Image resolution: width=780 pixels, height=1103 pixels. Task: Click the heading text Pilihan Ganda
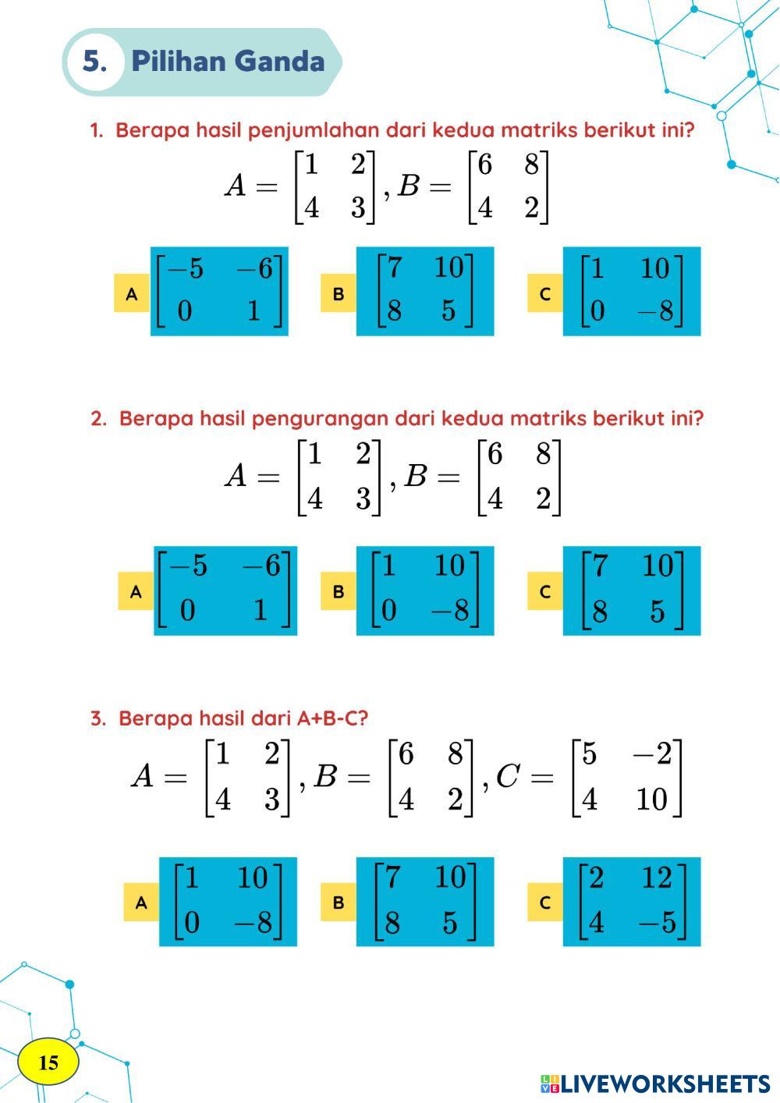click(x=228, y=62)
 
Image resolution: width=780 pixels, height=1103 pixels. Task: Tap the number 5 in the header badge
click(x=94, y=62)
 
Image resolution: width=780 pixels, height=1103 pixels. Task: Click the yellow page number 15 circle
click(x=48, y=1062)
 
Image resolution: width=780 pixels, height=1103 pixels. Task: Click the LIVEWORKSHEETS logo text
click(x=664, y=1083)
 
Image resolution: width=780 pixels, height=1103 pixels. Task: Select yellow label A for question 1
click(x=132, y=293)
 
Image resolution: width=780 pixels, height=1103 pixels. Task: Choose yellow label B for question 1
click(x=339, y=293)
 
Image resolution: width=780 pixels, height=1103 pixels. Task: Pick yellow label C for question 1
click(x=545, y=293)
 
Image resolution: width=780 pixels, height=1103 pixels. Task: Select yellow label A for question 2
click(x=136, y=591)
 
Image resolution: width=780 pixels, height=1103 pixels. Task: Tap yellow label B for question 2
click(x=339, y=591)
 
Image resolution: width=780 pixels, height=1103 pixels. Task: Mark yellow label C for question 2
click(x=545, y=591)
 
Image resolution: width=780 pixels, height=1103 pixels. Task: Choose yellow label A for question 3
click(x=141, y=903)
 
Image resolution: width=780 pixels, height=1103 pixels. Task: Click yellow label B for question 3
click(x=339, y=903)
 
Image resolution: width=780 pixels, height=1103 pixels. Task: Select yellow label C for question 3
click(x=545, y=903)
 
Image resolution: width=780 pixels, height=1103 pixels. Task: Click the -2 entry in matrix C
click(x=651, y=754)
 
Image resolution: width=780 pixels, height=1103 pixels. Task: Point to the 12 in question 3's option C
click(x=656, y=878)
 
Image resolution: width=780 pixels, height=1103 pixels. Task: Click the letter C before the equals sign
click(x=507, y=776)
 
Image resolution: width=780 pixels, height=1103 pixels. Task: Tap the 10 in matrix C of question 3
click(x=651, y=800)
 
